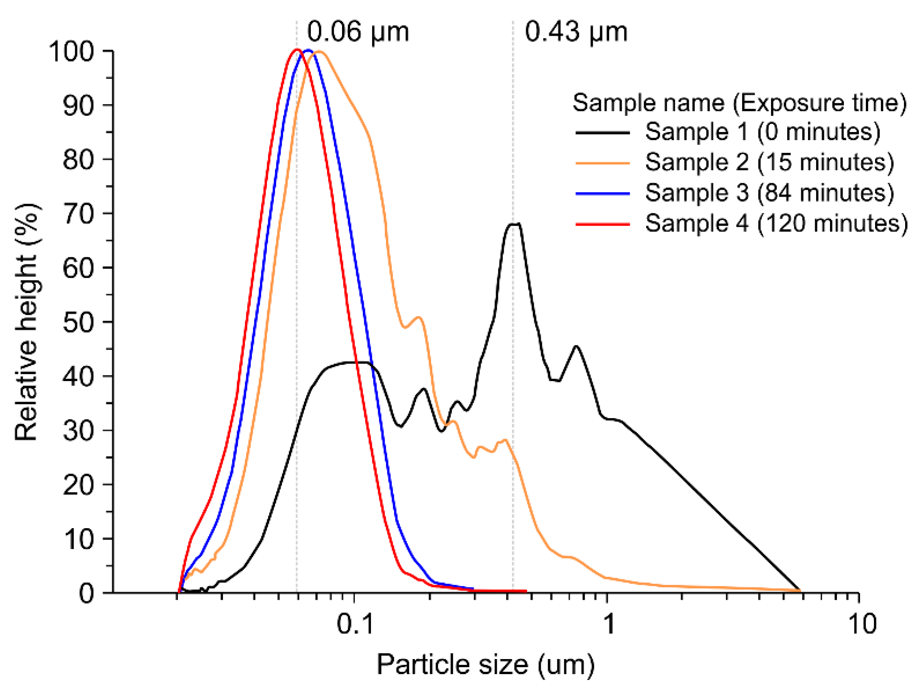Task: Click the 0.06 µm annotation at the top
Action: coord(358,32)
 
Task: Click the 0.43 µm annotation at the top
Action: coord(576,32)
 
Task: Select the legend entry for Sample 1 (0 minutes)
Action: coord(762,132)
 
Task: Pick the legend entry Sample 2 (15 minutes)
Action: coord(770,162)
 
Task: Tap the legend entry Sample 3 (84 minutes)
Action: coord(770,193)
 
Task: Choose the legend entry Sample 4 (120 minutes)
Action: coord(776,224)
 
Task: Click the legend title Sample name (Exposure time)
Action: coord(740,102)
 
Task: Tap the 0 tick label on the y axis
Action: coord(86,593)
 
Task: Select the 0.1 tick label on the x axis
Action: coord(354,624)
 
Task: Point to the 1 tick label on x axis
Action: coord(609,624)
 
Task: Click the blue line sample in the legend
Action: coord(602,194)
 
